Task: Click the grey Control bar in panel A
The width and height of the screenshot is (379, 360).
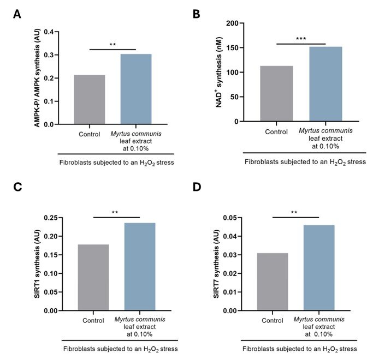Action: (90, 100)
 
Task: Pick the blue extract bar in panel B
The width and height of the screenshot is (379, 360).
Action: (325, 84)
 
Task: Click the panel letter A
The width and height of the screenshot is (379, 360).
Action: (17, 13)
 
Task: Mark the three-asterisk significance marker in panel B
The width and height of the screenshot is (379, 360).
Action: (301, 39)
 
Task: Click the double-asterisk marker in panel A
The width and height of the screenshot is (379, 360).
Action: (112, 45)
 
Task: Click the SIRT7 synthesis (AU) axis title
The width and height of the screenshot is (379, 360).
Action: (217, 264)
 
